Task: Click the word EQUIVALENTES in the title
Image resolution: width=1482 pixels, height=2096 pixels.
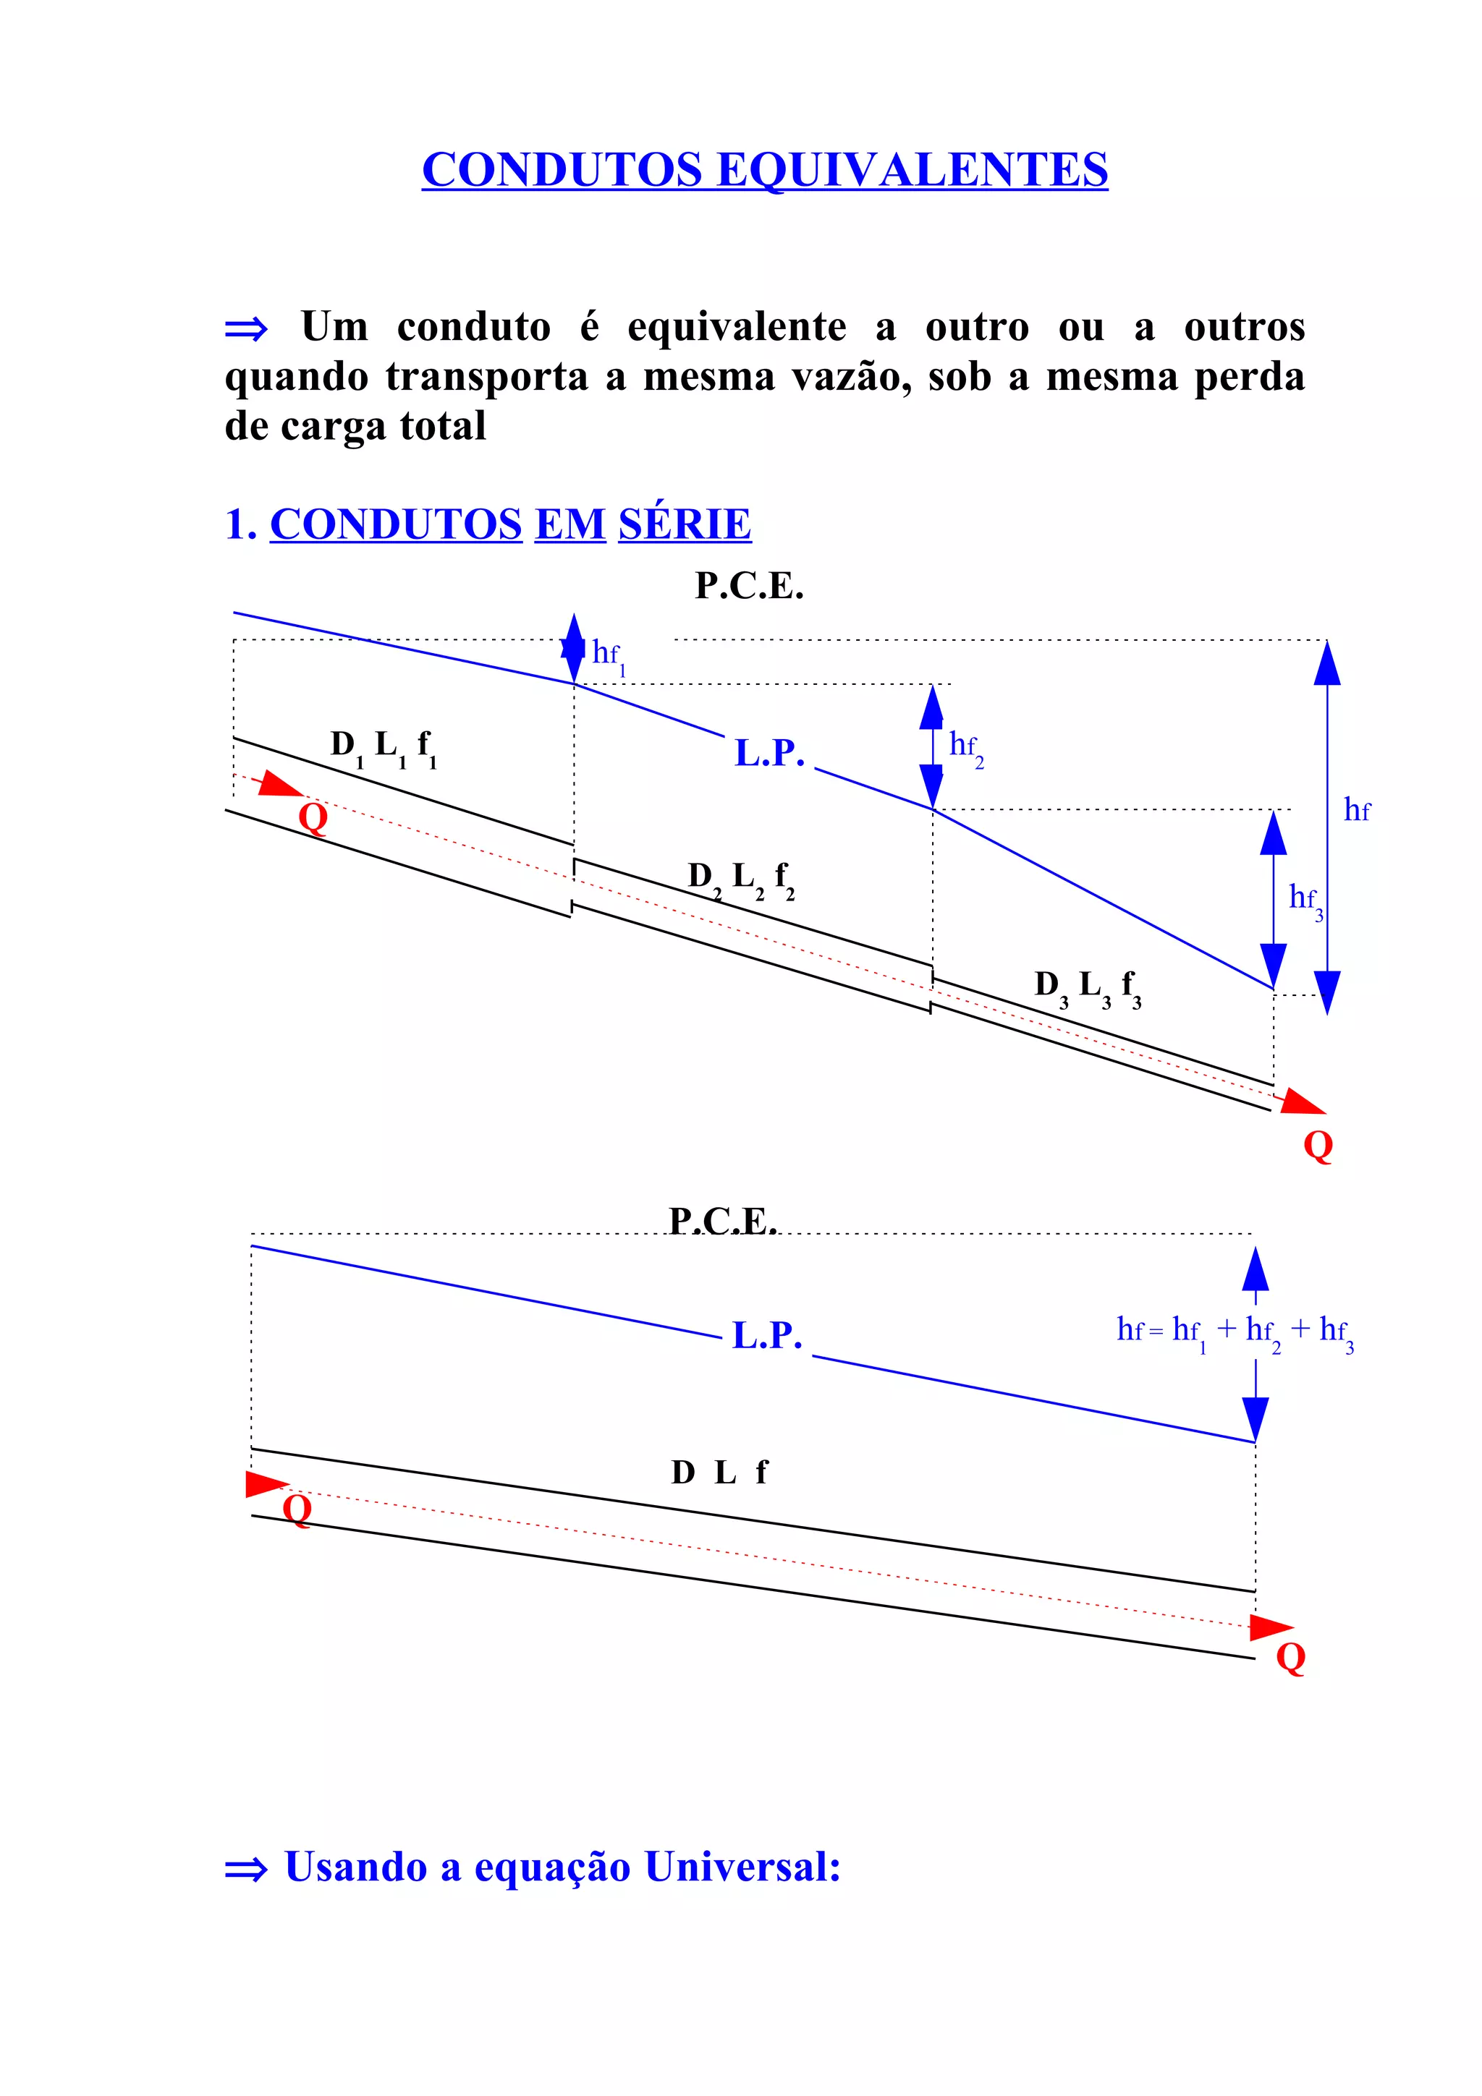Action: pyautogui.click(x=913, y=170)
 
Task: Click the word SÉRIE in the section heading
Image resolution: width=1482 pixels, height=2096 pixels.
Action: pyautogui.click(x=684, y=524)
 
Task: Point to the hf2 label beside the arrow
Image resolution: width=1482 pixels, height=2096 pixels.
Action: pyautogui.click(x=966, y=748)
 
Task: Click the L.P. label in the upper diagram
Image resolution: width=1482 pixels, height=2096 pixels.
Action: pyautogui.click(x=768, y=754)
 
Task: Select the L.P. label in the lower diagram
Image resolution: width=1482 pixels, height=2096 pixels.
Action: pyautogui.click(x=767, y=1336)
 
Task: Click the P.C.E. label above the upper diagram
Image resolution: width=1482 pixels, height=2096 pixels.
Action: pyautogui.click(x=749, y=586)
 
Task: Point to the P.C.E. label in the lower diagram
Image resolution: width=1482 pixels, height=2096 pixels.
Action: pyautogui.click(x=722, y=1221)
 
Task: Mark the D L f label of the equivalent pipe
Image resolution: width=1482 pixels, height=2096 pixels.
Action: pyautogui.click(x=719, y=1473)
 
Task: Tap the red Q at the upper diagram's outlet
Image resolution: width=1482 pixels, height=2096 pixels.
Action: pyautogui.click(x=1318, y=1145)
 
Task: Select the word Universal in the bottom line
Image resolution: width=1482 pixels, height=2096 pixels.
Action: pyautogui.click(x=742, y=1867)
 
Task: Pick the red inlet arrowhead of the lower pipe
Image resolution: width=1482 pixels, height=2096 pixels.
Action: pyautogui.click(x=266, y=1483)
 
